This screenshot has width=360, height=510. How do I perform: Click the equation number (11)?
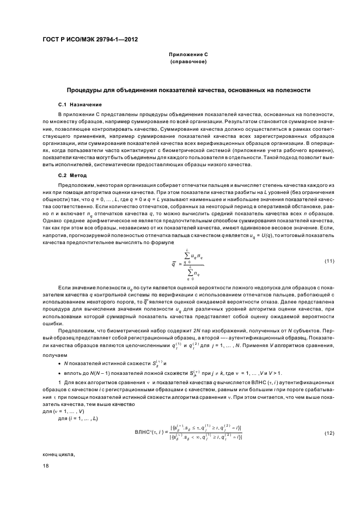click(x=329, y=261)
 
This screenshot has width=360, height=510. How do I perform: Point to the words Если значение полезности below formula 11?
click(x=90, y=286)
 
